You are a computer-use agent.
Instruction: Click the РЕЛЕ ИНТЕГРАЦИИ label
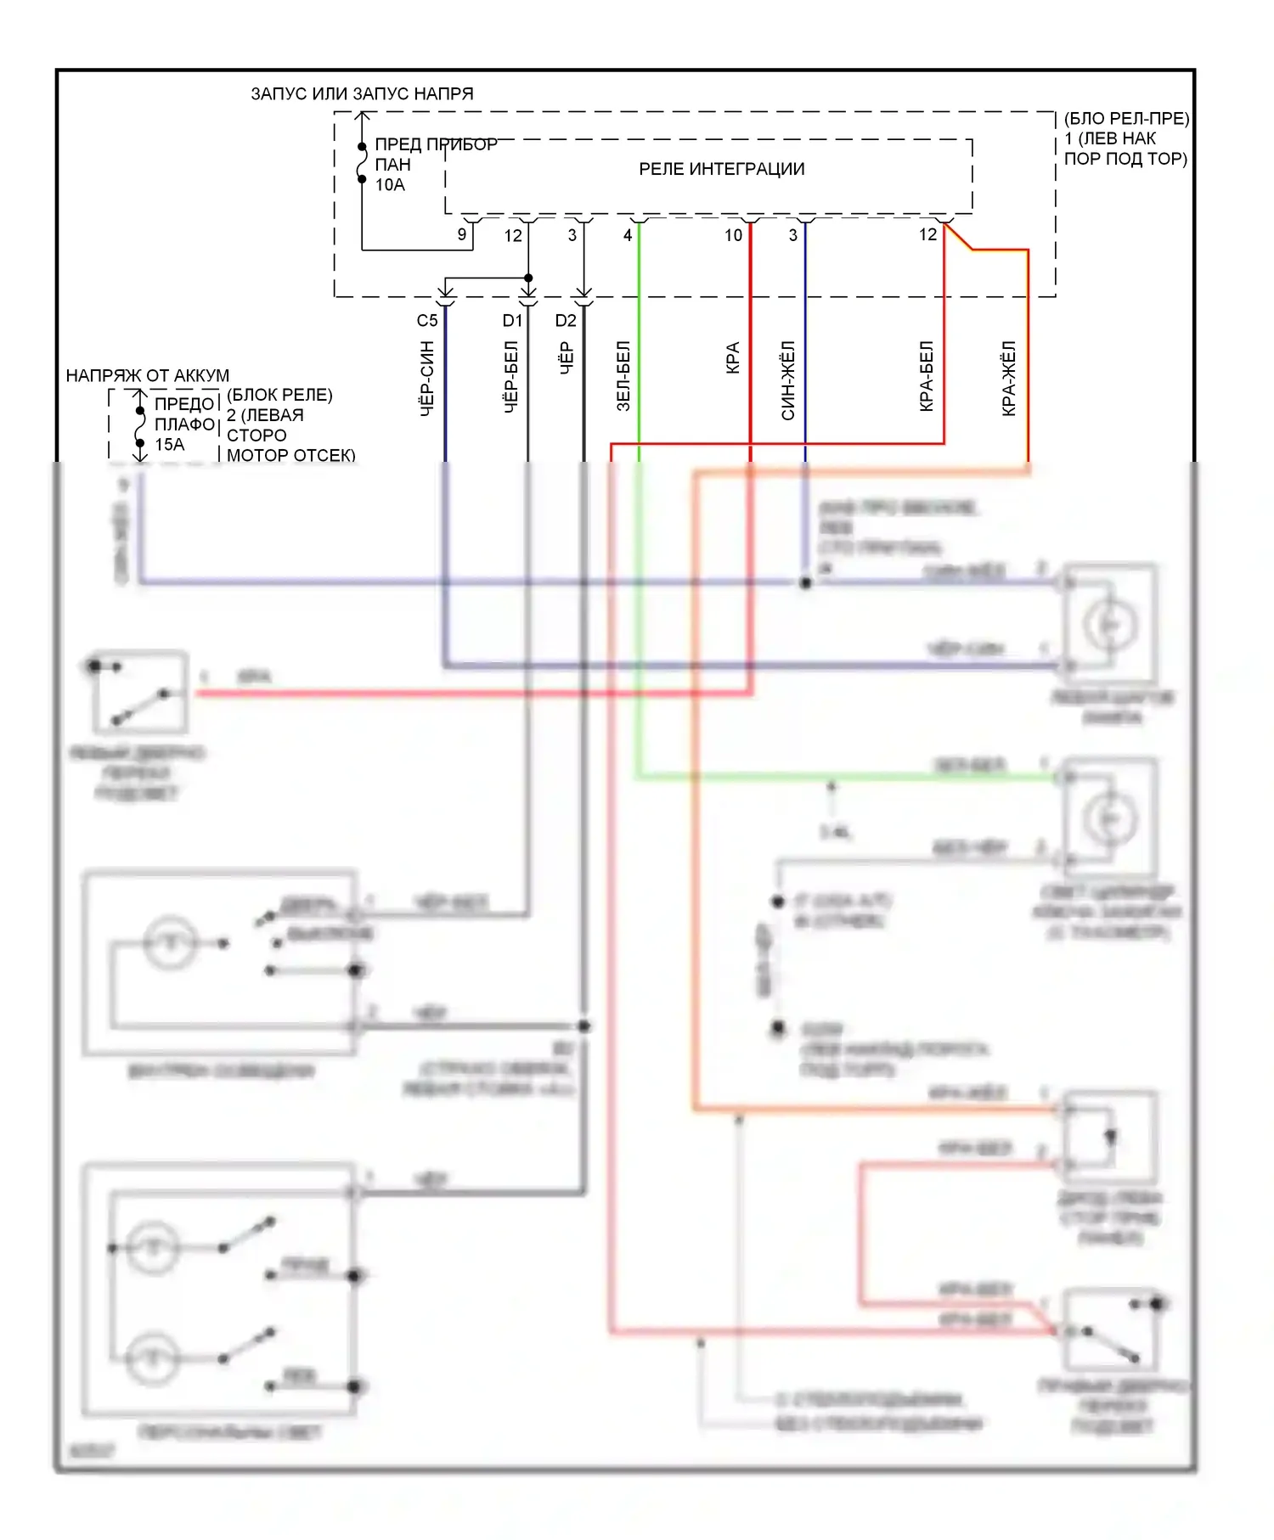(x=721, y=169)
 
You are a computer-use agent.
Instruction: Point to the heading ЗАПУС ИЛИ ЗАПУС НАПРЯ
(x=362, y=93)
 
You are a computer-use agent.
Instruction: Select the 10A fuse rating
(x=390, y=185)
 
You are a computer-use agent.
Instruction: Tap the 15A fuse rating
(x=169, y=445)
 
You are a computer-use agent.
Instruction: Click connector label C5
(x=427, y=321)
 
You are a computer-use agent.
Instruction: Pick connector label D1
(x=512, y=321)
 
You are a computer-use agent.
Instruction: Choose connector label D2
(x=566, y=321)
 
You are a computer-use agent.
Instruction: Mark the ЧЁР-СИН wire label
(x=427, y=379)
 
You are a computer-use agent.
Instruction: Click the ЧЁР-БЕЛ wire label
(x=511, y=378)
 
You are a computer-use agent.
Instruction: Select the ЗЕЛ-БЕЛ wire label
(x=623, y=377)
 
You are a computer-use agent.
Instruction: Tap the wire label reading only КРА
(x=733, y=358)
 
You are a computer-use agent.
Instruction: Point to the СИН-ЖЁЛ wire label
(x=788, y=380)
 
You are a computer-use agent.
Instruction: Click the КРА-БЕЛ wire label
(x=927, y=377)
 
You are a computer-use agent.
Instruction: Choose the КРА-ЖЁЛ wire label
(x=1009, y=379)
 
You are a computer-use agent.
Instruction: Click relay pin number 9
(x=462, y=234)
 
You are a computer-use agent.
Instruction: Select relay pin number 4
(x=628, y=235)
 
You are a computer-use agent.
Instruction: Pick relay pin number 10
(x=733, y=235)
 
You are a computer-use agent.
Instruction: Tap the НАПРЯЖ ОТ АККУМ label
(x=148, y=375)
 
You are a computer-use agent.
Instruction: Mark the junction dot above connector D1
(x=528, y=278)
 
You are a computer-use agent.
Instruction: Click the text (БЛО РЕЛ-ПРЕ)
(x=1126, y=118)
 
